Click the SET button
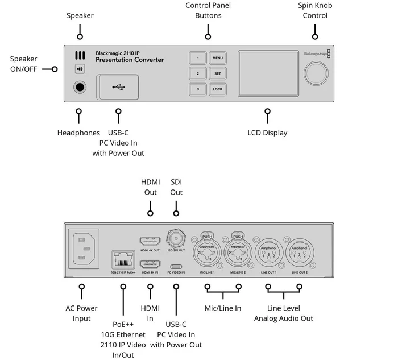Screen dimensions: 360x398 [217, 73]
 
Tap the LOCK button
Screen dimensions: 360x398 [217, 89]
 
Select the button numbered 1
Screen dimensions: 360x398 [198, 58]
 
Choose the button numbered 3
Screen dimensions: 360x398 [198, 89]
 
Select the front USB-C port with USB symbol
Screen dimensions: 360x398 [118, 87]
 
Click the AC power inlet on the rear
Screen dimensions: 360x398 [84, 249]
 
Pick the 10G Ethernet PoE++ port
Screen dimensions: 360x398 [122, 260]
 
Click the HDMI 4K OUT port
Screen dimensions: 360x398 [150, 241]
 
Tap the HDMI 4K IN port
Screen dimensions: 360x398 [150, 264]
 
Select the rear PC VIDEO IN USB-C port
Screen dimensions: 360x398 [176, 266]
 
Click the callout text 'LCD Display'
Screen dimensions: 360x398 [267, 133]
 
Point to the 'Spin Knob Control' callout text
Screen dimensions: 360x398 [315, 11]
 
